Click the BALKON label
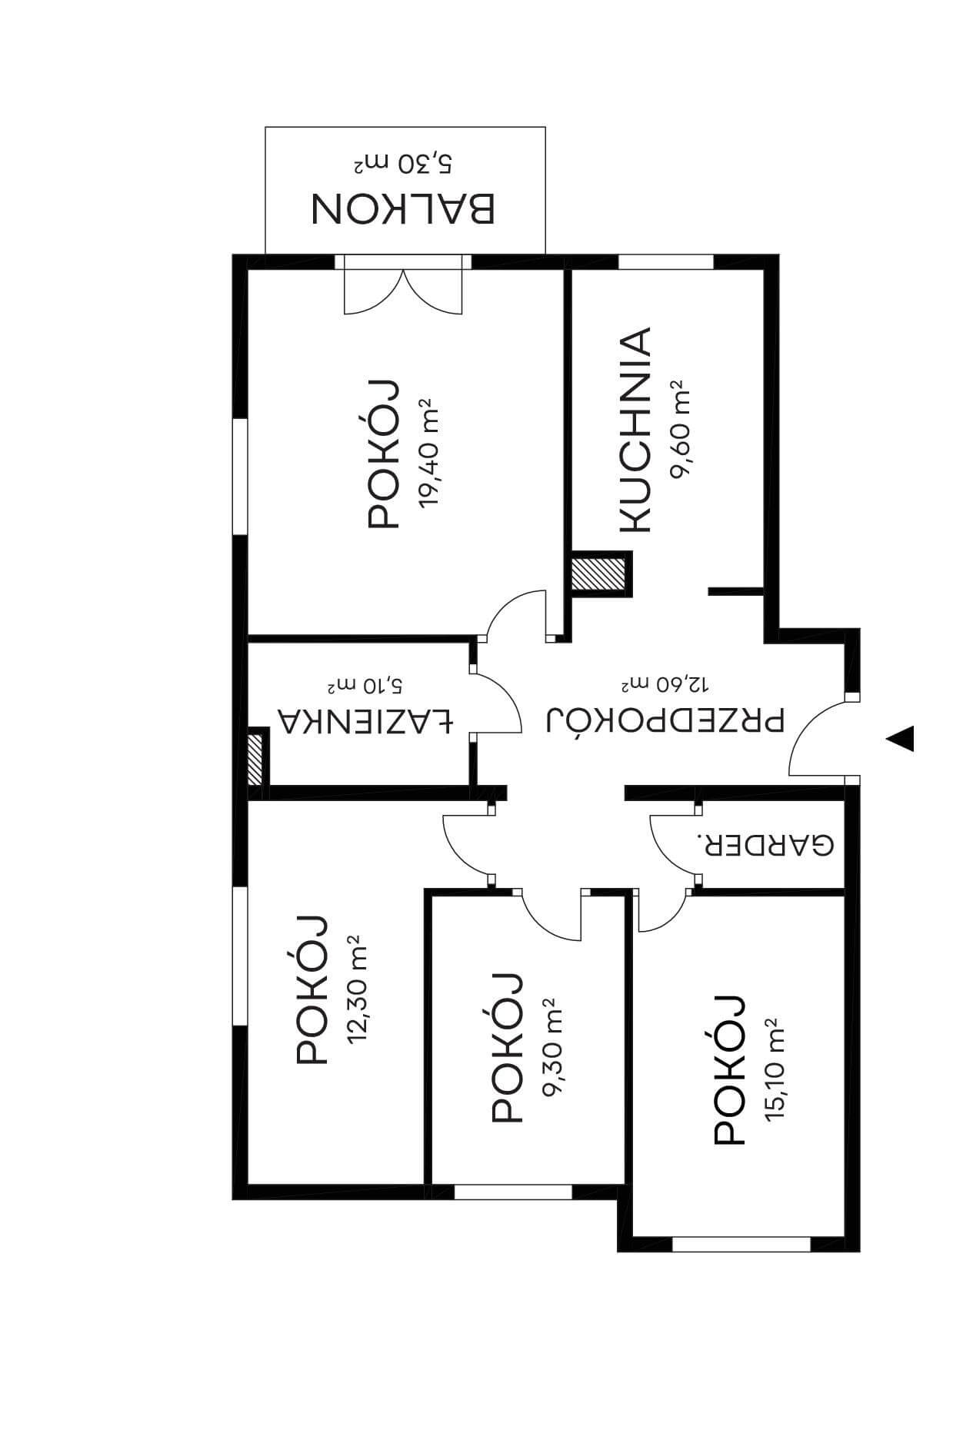[403, 209]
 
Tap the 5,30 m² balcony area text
[403, 163]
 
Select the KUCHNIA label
[635, 430]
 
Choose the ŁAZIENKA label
[365, 720]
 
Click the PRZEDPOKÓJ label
[665, 720]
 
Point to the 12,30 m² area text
[357, 989]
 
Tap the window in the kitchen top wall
[666, 261]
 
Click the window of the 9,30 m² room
[513, 1192]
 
